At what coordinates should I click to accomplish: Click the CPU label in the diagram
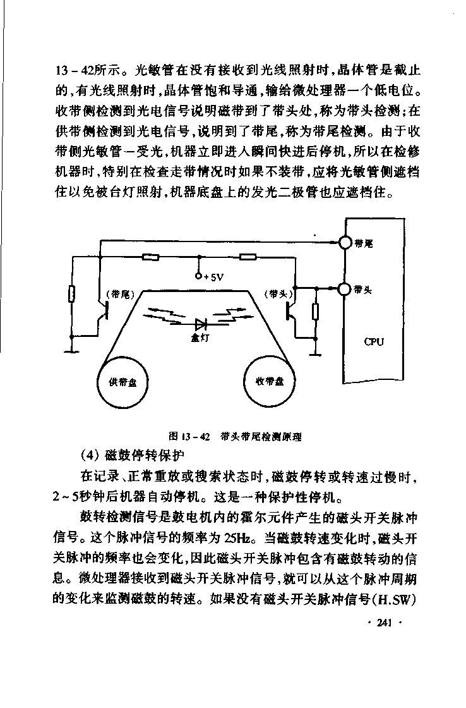coord(374,342)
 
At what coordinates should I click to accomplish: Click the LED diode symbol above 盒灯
coord(200,324)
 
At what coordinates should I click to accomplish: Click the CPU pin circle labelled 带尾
coord(345,243)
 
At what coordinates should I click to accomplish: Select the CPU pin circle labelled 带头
coord(345,288)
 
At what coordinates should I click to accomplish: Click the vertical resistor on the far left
coord(71,294)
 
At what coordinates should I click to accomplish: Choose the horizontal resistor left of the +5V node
coord(151,257)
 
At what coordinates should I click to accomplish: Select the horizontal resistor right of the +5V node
coord(248,257)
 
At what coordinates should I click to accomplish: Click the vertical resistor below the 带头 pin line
coord(315,312)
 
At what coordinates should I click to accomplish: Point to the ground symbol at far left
coord(71,350)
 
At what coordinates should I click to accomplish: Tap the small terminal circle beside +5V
coord(199,276)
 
